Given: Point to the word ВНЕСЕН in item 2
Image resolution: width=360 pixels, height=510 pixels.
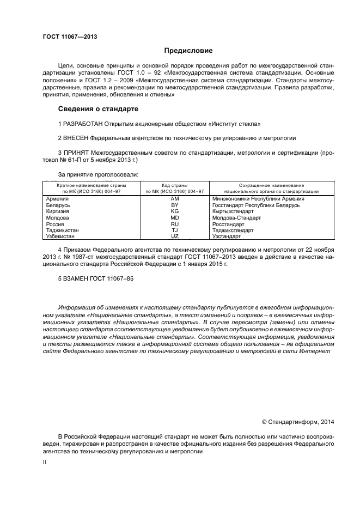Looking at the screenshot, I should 78,139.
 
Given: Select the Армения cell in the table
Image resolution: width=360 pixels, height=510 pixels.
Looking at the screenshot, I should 57,199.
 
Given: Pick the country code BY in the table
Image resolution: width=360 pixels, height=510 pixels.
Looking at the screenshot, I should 175,205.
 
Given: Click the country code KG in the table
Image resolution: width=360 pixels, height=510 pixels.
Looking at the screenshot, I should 175,211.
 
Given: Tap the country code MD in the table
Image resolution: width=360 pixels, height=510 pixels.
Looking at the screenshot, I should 175,217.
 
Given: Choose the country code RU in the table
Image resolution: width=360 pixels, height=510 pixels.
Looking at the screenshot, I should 175,224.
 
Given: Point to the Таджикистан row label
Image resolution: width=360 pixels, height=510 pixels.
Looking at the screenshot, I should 63,230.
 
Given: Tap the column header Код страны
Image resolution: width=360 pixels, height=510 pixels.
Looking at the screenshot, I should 175,186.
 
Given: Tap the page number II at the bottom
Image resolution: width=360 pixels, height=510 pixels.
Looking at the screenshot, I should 45,461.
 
